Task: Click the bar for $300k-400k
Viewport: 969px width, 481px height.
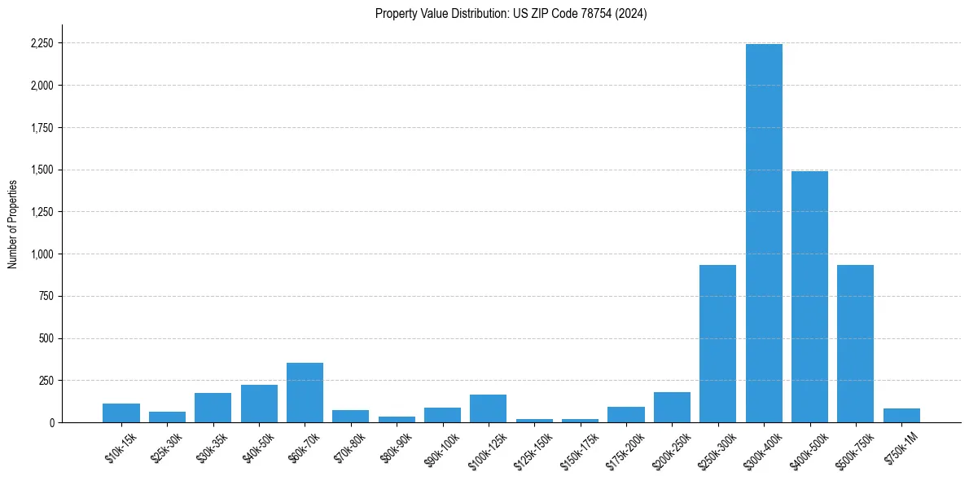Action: coord(764,233)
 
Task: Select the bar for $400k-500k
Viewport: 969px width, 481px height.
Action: coord(809,297)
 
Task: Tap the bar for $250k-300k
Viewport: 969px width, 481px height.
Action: coord(717,343)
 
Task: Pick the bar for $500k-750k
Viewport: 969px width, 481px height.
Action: coord(855,343)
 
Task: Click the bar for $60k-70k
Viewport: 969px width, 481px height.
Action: coord(305,392)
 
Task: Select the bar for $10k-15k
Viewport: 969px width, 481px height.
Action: coord(121,413)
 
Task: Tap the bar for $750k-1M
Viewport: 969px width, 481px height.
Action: coord(901,415)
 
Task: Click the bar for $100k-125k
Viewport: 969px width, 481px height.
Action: coord(488,408)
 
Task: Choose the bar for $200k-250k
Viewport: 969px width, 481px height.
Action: coord(672,407)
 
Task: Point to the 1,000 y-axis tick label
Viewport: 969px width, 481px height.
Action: coord(42,254)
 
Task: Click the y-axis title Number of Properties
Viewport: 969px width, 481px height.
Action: coord(12,223)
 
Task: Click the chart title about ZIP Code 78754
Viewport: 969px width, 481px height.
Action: coord(511,14)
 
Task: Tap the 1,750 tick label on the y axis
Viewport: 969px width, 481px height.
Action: coord(42,128)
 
